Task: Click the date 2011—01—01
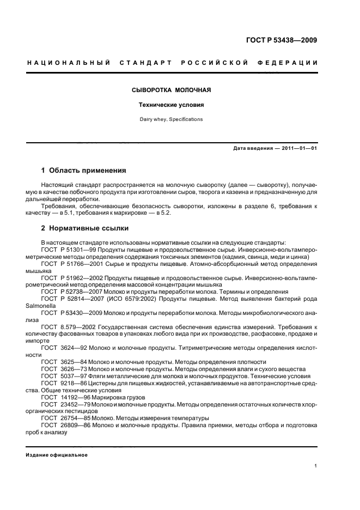(298, 148)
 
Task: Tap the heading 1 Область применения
(84, 171)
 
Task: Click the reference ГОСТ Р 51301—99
(67, 249)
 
